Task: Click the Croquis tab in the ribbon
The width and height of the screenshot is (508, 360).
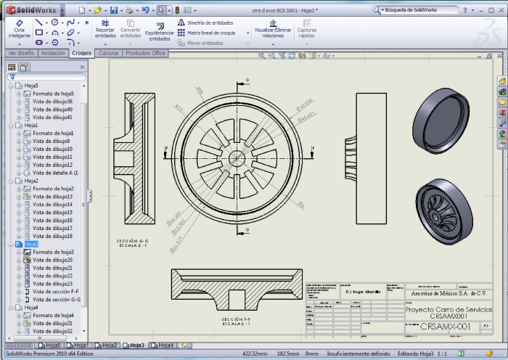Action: pos(81,53)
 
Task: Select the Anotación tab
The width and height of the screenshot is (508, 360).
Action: pos(54,53)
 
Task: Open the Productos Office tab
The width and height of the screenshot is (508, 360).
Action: pos(145,53)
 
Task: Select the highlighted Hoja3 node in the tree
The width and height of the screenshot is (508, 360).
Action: pos(31,245)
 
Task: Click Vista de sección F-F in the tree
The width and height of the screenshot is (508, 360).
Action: pos(56,291)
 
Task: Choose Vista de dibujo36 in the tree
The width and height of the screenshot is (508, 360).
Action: pos(52,101)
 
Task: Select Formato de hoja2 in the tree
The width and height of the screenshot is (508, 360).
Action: pos(53,189)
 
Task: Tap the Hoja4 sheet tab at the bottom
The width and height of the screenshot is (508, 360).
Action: pos(166,345)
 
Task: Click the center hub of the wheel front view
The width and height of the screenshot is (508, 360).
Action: pos(237,156)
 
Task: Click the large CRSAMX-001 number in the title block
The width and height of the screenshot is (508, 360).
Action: pos(445,327)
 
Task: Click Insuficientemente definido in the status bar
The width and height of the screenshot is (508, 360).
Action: pos(359,353)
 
